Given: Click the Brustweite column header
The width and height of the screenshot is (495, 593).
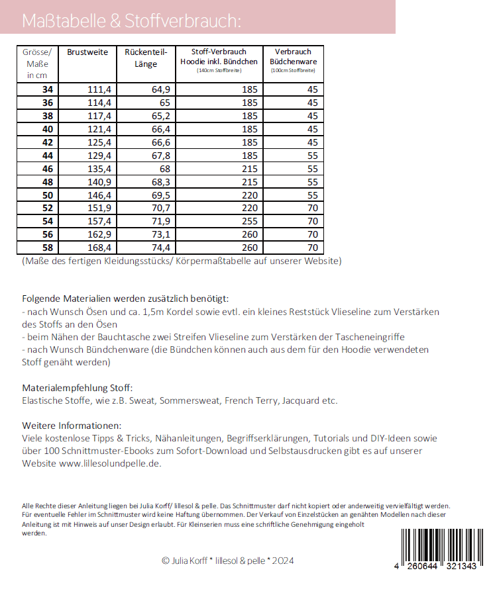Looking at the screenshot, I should click(87, 52).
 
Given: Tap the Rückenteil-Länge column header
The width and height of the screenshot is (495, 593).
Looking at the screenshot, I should click(146, 58).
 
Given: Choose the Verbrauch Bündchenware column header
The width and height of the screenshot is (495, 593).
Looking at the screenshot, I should click(293, 57).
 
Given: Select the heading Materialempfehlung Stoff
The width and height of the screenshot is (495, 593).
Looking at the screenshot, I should click(78, 387).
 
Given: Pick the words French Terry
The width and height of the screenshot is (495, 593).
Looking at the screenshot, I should click(252, 400).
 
